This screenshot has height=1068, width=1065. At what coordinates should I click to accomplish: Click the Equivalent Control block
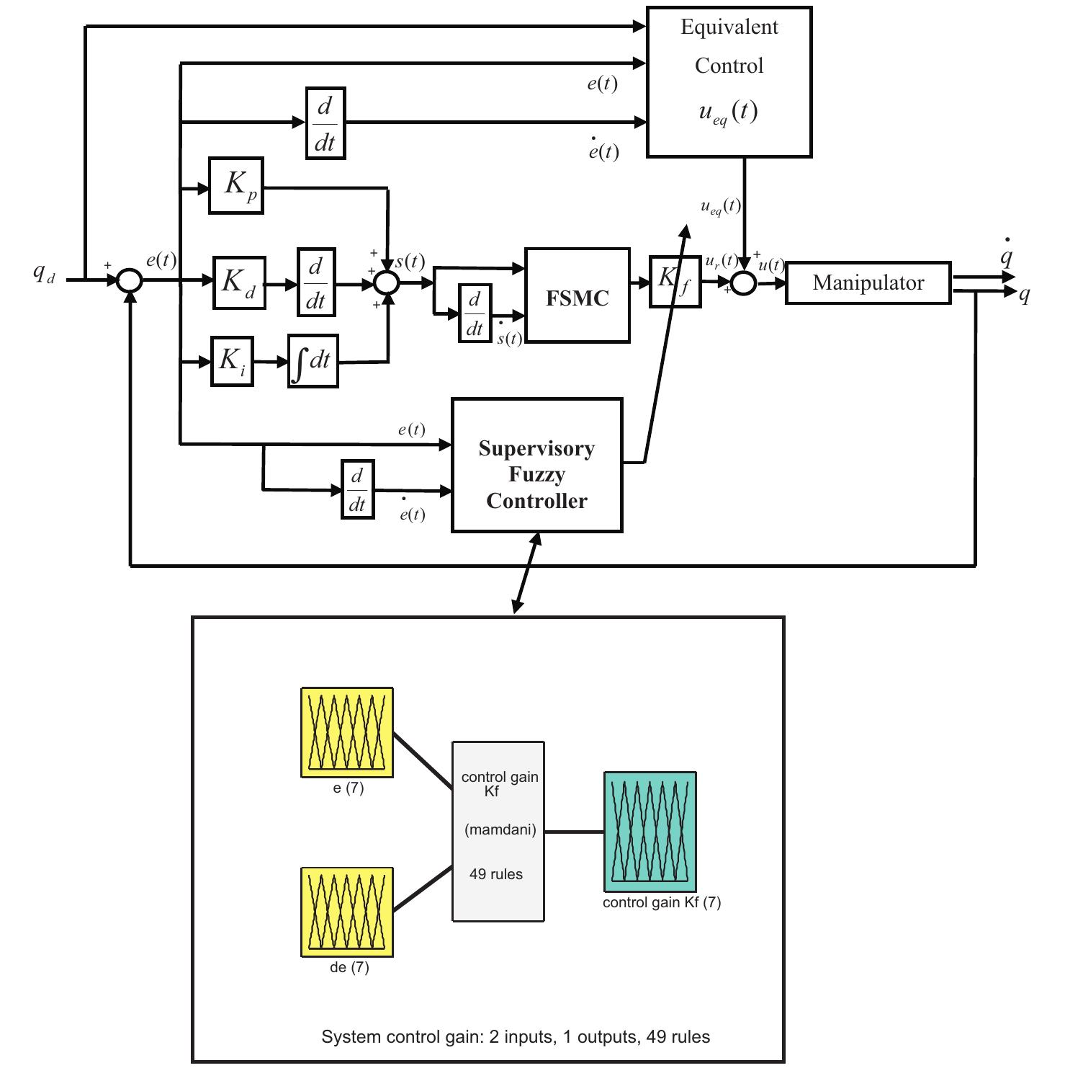[x=729, y=81]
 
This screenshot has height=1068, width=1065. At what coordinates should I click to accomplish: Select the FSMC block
[x=577, y=295]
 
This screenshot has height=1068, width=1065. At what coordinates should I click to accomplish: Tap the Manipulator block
[x=868, y=282]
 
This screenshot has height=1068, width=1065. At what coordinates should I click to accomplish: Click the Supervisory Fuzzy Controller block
[x=536, y=466]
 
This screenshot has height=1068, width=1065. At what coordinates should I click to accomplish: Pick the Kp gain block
[x=236, y=185]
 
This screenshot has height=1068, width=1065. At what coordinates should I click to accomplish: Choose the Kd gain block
[x=239, y=282]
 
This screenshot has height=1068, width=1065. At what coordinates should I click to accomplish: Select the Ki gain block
[x=232, y=361]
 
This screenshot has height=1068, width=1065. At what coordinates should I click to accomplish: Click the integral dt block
[x=313, y=361]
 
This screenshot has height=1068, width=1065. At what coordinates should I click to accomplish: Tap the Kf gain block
[x=675, y=282]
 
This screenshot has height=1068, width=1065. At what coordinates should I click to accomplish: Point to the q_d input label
[x=44, y=274]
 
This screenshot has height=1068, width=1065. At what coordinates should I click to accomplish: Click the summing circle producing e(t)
[x=130, y=280]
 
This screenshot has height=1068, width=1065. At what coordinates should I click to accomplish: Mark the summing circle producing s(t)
[x=387, y=282]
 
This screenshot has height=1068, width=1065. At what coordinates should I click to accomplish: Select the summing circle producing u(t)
[x=744, y=283]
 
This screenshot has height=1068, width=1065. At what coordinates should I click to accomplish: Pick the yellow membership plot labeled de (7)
[x=347, y=912]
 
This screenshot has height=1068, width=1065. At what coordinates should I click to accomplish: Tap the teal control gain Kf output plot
[x=650, y=832]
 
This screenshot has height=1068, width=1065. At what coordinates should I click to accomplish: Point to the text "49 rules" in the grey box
[x=496, y=874]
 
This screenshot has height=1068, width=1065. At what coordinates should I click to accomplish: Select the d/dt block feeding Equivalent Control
[x=325, y=123]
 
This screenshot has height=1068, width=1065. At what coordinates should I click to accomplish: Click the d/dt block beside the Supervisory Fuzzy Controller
[x=358, y=490]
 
